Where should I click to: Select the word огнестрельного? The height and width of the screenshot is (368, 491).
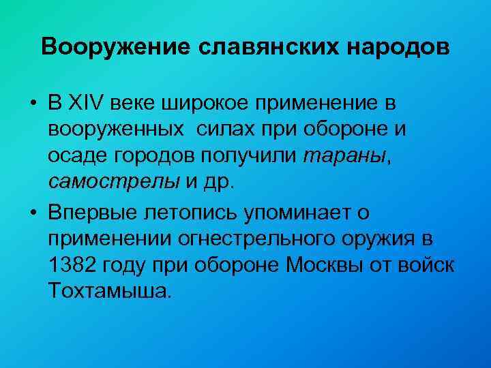coord(248,240)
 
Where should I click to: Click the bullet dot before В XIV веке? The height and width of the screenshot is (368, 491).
coord(33,104)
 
